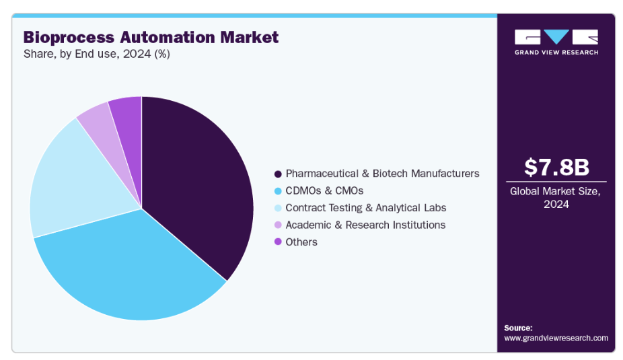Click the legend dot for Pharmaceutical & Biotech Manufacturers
tap(277, 174)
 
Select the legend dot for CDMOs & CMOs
tap(277, 190)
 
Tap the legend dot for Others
tap(277, 242)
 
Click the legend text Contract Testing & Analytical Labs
tap(365, 208)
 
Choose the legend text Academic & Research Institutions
tap(365, 225)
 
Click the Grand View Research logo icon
tap(556, 37)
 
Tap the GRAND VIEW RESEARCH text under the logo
tap(556, 52)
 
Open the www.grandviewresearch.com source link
tap(556, 338)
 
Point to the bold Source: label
tap(518, 328)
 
